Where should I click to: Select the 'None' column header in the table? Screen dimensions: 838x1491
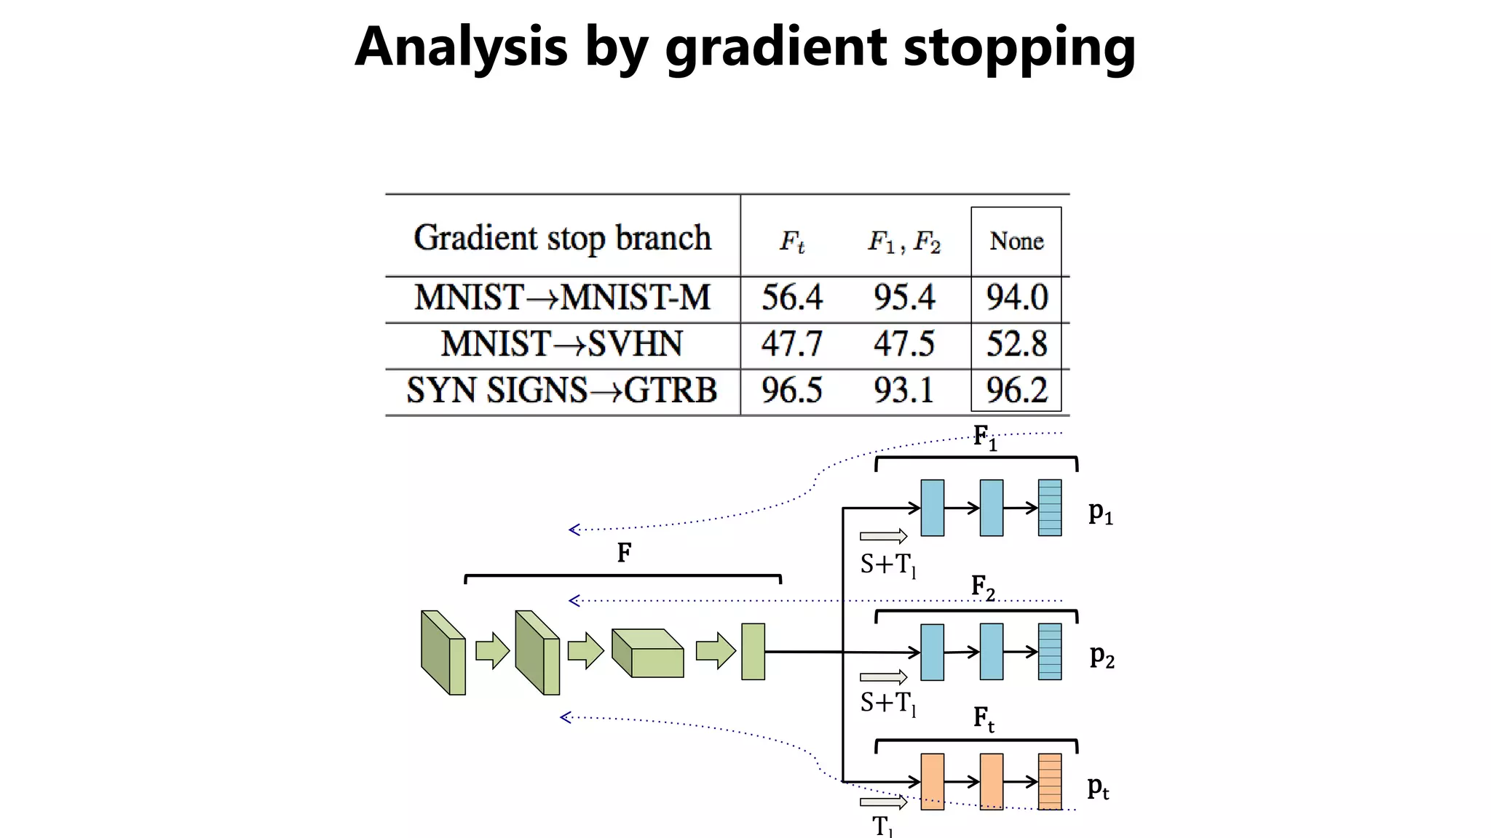[x=1016, y=241]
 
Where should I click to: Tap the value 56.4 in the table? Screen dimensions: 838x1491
[x=791, y=298]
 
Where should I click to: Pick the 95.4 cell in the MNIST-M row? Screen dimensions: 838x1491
[x=903, y=298]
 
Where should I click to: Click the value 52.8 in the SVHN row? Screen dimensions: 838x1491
[x=1016, y=344]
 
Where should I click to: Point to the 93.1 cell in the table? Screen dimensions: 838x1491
[x=903, y=391]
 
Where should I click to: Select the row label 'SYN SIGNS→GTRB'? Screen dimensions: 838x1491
[x=561, y=391]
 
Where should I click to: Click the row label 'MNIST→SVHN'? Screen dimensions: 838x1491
[x=561, y=344]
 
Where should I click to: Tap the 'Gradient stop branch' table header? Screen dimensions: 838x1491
[x=562, y=238]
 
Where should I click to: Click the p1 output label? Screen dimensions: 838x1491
[x=1100, y=513]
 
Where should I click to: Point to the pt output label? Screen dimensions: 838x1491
[x=1098, y=787]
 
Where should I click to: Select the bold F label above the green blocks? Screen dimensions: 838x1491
[x=624, y=554]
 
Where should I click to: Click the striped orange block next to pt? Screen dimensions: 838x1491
[x=1049, y=781]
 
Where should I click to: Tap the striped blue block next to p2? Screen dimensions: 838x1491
[x=1049, y=652]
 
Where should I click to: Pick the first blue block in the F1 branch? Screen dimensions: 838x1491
[x=932, y=508]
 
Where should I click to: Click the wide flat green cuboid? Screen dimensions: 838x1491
[x=648, y=653]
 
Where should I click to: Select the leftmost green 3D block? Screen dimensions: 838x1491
[x=443, y=653]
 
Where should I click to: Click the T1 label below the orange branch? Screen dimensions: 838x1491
[x=882, y=826]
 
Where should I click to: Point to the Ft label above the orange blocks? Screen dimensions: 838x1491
[x=984, y=719]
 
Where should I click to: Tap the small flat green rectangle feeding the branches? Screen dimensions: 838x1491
[x=753, y=652]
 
